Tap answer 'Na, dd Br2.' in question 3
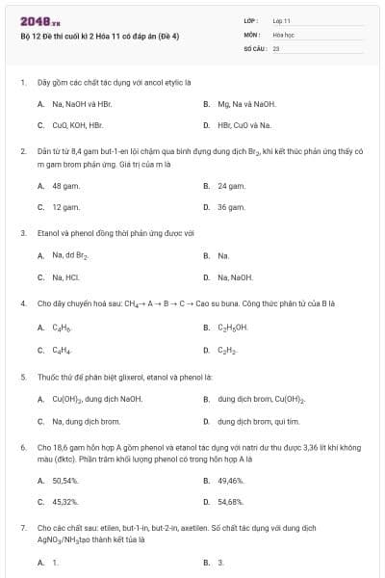[x=70, y=256]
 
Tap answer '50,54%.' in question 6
[x=65, y=481]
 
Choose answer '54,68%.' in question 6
[x=231, y=502]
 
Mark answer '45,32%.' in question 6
[x=65, y=502]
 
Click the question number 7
[x=22, y=529]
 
